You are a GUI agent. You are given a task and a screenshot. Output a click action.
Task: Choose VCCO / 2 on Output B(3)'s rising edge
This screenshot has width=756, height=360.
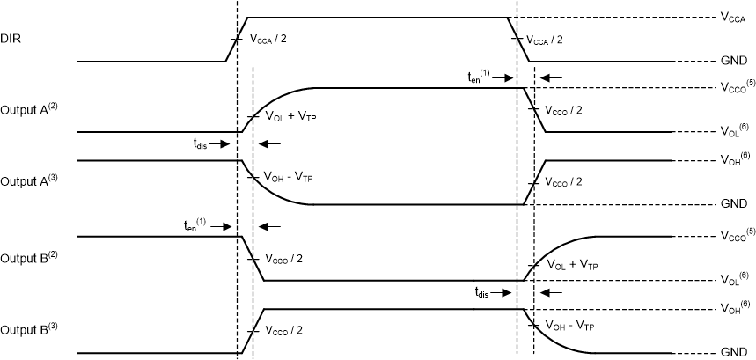click(x=287, y=331)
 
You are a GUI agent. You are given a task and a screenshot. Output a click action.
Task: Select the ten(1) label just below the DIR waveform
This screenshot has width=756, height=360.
click(x=481, y=76)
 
